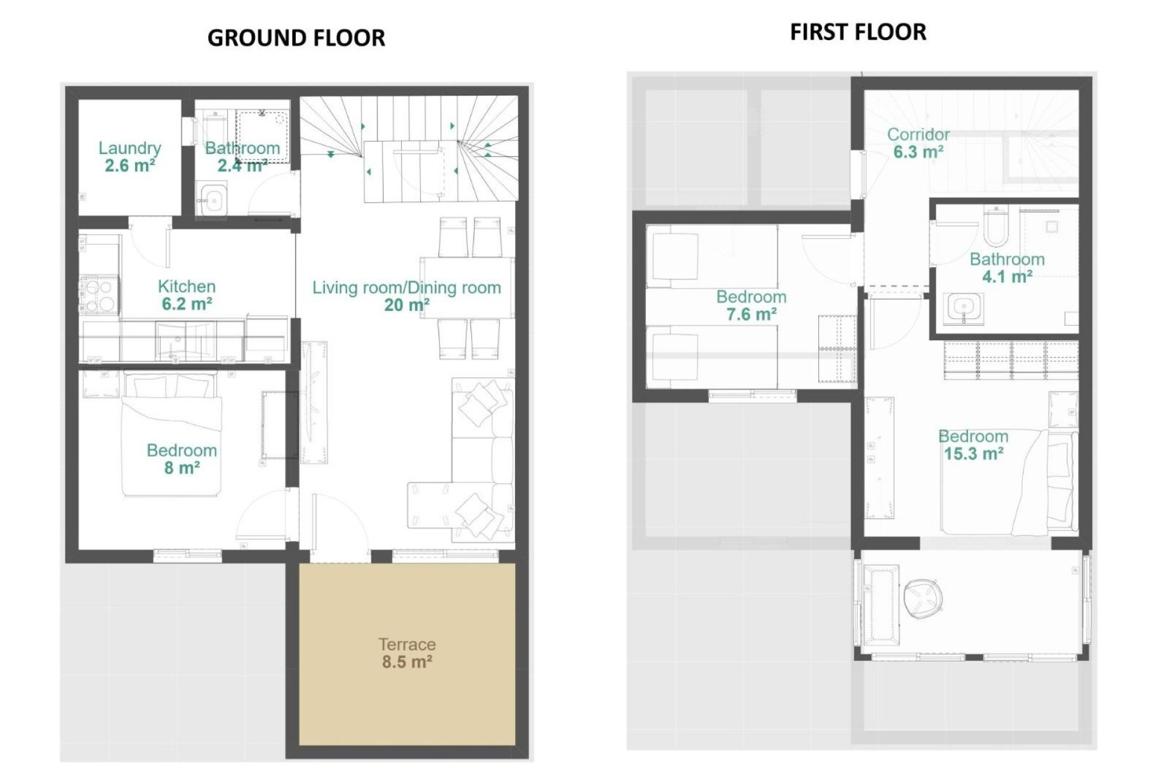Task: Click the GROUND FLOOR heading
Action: click(296, 38)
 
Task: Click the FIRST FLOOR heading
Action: click(858, 32)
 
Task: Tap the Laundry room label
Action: click(130, 148)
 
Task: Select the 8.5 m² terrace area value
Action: click(407, 662)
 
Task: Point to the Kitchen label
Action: click(186, 286)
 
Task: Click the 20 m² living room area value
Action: click(406, 305)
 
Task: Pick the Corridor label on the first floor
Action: click(918, 134)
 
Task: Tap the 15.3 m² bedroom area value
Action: click(973, 454)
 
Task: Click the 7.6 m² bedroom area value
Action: click(751, 315)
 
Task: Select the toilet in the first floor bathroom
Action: click(995, 225)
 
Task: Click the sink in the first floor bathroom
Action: click(963, 308)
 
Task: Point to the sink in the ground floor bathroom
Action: click(212, 200)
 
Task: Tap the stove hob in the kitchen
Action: click(98, 295)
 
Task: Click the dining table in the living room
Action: click(466, 288)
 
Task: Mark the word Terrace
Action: click(407, 644)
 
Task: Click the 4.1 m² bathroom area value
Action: click(1007, 277)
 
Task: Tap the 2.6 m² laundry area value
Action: click(130, 166)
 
